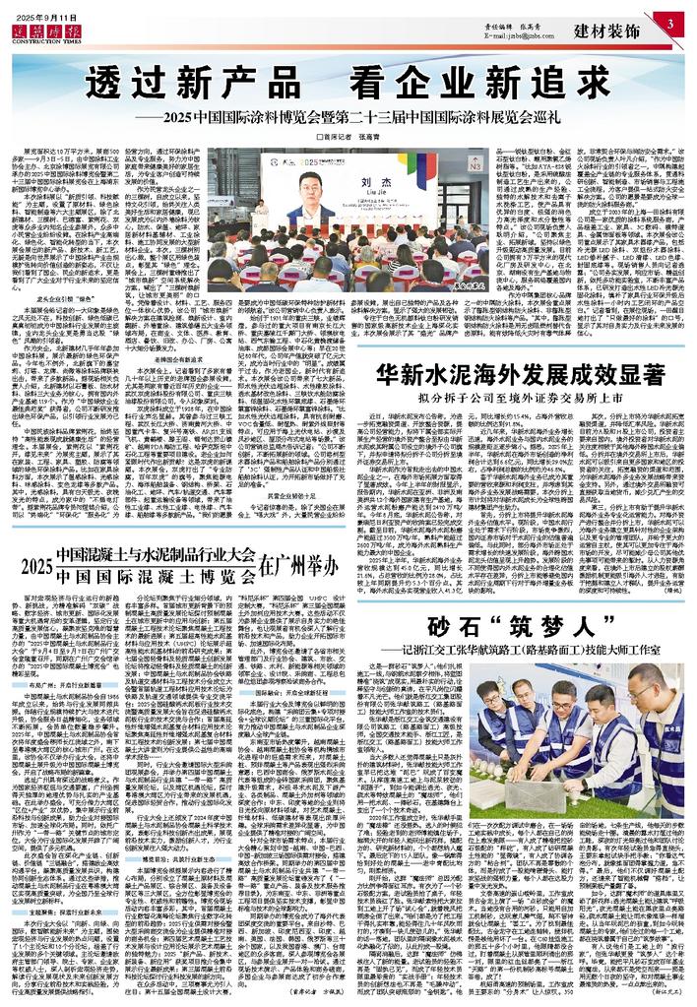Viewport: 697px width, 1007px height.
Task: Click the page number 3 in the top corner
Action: [x=668, y=23]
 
